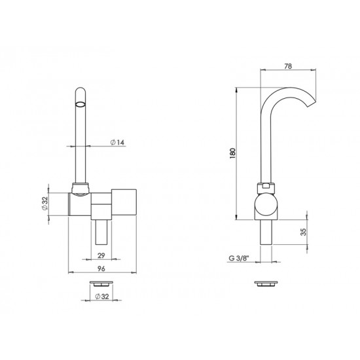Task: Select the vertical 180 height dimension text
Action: [x=234, y=151]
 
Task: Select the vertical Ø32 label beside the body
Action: [x=54, y=204]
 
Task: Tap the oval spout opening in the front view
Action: [x=79, y=103]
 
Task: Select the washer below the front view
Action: [x=101, y=283]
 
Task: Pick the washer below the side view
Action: [x=264, y=283]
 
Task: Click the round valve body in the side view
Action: [x=266, y=206]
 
